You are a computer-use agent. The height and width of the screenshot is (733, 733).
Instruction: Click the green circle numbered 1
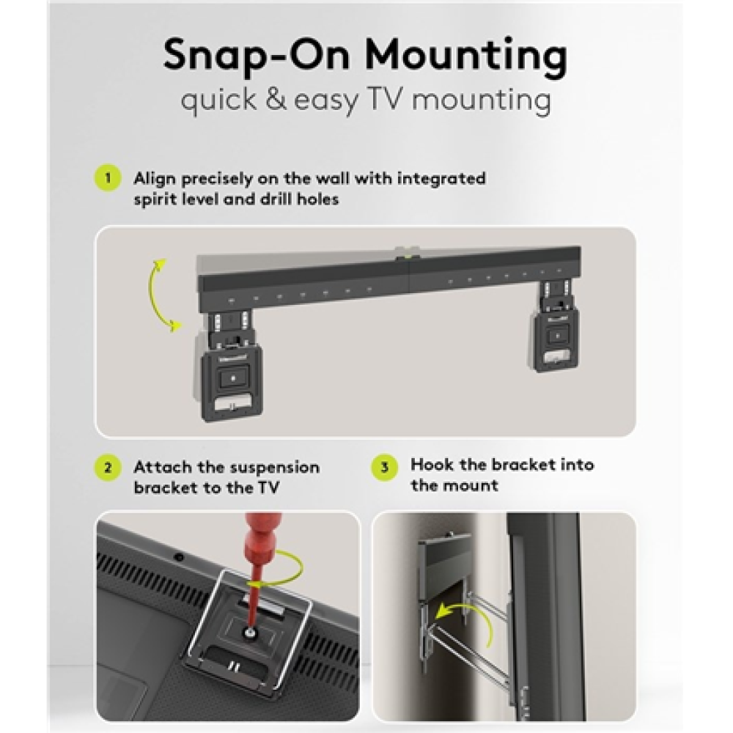point(108,178)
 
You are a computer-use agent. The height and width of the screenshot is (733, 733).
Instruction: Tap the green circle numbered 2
point(108,468)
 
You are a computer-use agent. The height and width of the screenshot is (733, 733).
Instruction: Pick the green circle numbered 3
point(385,467)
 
